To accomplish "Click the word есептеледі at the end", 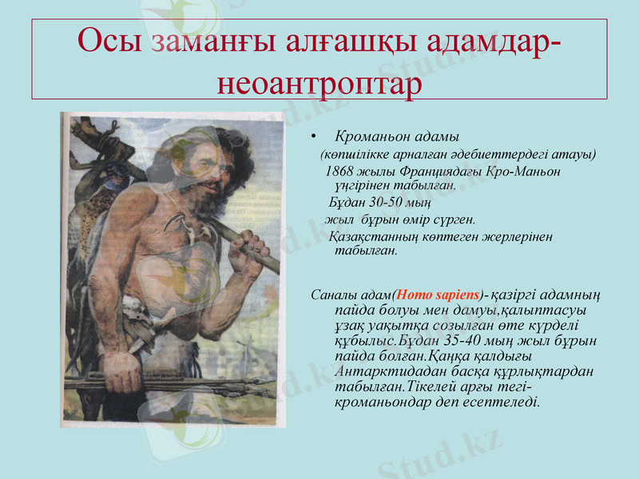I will (x=504, y=402).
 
